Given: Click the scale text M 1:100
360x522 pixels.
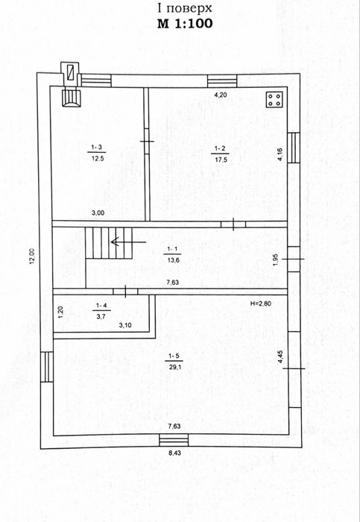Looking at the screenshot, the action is pos(185,24).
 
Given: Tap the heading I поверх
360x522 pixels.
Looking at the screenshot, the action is pos(185,8).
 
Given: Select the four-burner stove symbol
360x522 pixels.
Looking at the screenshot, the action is pos(274,99).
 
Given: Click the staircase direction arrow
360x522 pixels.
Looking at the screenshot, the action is pos(128,242).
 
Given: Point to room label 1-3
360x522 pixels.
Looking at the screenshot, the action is pos(96,148).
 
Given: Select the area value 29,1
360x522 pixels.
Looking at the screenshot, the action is pos(174,367).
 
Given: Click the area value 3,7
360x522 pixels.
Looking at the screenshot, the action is pos(101,317).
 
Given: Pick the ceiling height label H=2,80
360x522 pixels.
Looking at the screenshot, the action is pos(261,304).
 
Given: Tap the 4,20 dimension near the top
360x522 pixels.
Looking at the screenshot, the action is pos(221,95).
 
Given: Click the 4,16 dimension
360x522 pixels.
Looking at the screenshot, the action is pos(280,155).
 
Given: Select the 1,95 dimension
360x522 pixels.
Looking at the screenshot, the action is pos(275,260).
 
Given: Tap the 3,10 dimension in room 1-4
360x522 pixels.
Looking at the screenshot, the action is pos(124,325).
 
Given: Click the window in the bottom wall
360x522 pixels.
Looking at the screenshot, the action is pos(174,440).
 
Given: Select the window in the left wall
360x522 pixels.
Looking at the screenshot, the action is pos(47,367).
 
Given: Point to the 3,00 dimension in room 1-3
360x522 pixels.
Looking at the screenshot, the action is pos(98,214).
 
